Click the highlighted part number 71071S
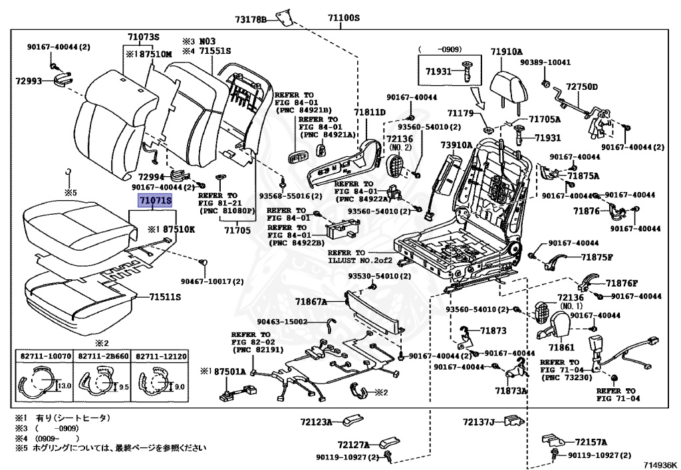[154, 199]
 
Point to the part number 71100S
[343, 18]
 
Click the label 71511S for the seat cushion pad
[165, 297]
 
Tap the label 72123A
[316, 421]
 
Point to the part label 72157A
[592, 442]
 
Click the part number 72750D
[582, 87]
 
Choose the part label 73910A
[456, 145]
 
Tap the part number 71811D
[370, 113]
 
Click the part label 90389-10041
[545, 62]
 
